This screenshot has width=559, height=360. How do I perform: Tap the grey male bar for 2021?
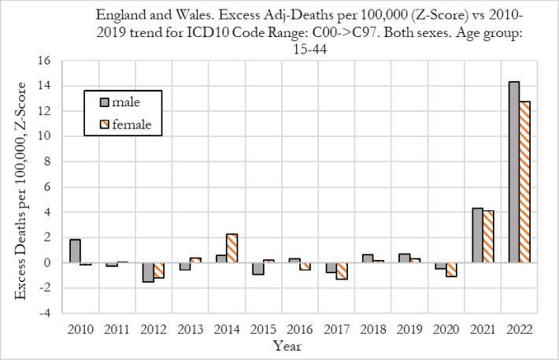(x=477, y=235)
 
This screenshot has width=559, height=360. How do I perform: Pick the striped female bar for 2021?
(x=488, y=236)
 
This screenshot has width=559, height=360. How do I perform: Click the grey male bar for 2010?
(x=75, y=251)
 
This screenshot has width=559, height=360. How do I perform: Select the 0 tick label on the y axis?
(x=49, y=262)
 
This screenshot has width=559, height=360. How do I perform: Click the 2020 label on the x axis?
(x=446, y=328)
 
